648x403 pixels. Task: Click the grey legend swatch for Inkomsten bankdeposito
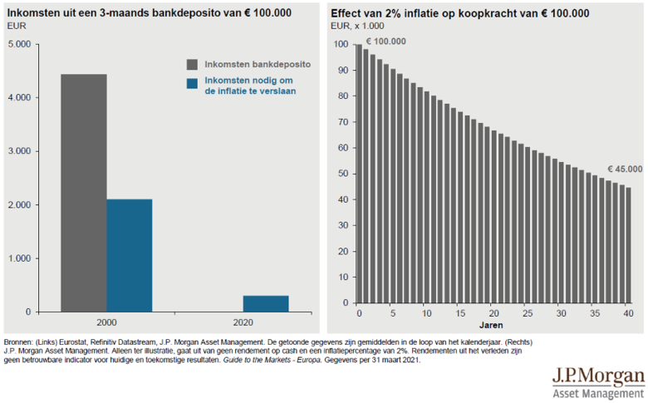click(192, 64)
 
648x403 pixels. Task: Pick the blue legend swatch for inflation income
click(192, 83)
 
